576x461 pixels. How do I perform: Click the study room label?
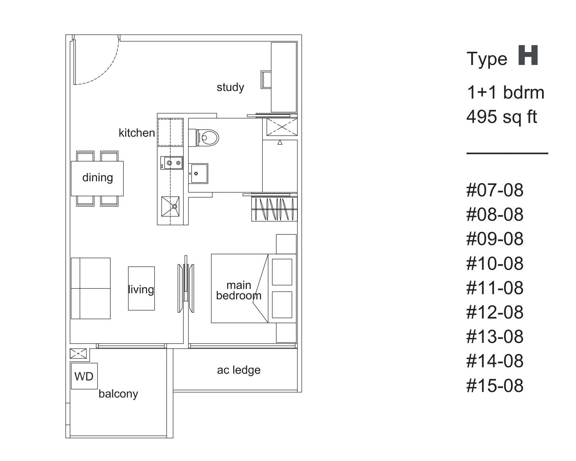point(230,87)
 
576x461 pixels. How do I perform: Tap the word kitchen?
point(137,133)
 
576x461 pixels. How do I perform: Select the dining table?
point(97,178)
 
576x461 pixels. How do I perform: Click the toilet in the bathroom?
point(204,138)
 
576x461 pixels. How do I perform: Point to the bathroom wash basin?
point(199,173)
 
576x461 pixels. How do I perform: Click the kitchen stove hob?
point(172,163)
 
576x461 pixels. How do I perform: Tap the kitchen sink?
point(170,207)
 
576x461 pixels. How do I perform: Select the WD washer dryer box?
point(84,376)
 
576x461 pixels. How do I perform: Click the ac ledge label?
point(239,370)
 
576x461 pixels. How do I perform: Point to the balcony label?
point(118,394)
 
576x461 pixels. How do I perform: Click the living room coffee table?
point(141,288)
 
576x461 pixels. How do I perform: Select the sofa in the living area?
point(91,288)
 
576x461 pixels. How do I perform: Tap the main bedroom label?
point(239,290)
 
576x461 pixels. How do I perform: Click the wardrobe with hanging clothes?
point(275,209)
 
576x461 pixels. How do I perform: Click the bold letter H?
point(528,55)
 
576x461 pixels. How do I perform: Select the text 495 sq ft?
point(502,117)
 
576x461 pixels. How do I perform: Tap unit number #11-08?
point(494,288)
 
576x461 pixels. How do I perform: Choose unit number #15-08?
point(494,385)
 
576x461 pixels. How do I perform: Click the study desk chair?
point(266,79)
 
